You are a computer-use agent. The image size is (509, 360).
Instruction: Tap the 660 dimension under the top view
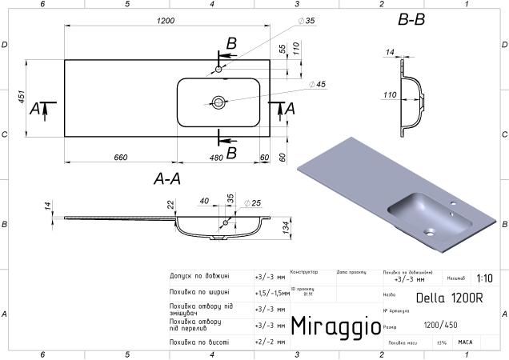coord(120,157)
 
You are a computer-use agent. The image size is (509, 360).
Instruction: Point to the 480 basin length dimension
coord(216,157)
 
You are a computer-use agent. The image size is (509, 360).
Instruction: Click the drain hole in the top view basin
coord(218,102)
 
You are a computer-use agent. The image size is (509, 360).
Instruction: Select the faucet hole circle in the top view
coord(218,70)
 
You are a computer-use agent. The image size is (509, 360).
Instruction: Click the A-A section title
coord(166,180)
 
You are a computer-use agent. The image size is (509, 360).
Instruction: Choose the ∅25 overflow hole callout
coord(252,202)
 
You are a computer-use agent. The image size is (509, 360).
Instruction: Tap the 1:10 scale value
coord(484,278)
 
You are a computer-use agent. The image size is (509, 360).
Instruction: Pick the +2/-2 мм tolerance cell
coord(270,342)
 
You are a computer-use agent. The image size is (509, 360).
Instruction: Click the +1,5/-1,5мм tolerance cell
coord(270,293)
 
